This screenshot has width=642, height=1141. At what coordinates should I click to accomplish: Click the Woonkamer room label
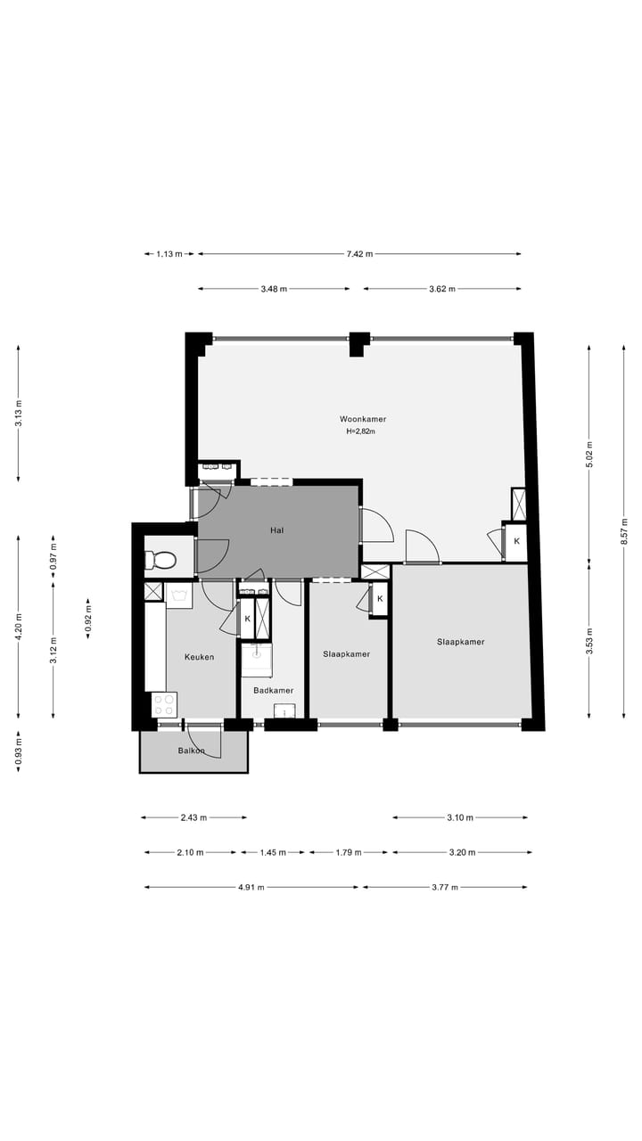point(363,419)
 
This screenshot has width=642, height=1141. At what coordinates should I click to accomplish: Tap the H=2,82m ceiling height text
point(361,431)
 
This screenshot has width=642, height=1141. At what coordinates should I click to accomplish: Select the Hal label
point(276,530)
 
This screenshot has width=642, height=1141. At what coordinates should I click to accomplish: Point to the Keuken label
point(199,657)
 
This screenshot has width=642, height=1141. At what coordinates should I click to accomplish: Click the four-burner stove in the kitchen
point(164,705)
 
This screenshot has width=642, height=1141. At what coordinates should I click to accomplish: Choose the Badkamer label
point(274,691)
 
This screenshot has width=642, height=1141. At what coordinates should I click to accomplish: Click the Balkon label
point(191,751)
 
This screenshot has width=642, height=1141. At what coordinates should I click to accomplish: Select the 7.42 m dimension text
point(359,254)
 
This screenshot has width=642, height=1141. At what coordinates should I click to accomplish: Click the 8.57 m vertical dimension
point(623,532)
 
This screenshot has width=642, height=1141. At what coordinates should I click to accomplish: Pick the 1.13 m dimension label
point(169,254)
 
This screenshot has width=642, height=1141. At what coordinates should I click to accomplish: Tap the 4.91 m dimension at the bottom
point(251,887)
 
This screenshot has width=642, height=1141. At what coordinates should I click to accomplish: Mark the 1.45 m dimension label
point(273,852)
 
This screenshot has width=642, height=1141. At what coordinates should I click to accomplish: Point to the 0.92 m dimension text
point(87,619)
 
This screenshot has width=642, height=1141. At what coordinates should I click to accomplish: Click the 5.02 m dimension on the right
point(589,454)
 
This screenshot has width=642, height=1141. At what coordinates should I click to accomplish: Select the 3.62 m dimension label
point(442,289)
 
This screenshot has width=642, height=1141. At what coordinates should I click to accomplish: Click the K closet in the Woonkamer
point(516,541)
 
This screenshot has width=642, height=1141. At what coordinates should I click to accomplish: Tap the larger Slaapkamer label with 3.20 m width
point(461,642)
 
